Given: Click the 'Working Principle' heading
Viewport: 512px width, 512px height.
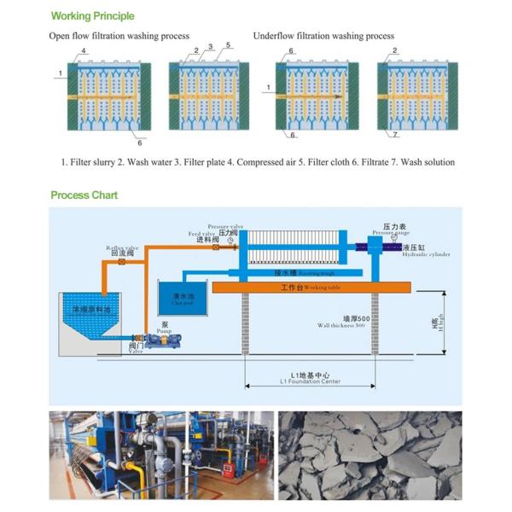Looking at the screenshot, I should [92, 15].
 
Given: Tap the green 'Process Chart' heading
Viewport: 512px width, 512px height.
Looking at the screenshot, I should [84, 195].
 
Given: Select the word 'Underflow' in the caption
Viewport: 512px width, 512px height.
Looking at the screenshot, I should [273, 36].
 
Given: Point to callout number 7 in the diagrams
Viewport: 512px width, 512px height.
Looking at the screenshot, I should [395, 135].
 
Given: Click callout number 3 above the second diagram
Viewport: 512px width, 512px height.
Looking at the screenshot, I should [210, 47].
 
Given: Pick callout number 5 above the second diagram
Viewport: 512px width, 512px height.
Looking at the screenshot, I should [229, 44].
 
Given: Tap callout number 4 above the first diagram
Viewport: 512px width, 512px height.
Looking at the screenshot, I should [84, 52].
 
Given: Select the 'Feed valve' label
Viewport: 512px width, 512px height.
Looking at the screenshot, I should [202, 234].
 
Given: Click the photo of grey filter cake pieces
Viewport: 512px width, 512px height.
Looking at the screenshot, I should [369, 455].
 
